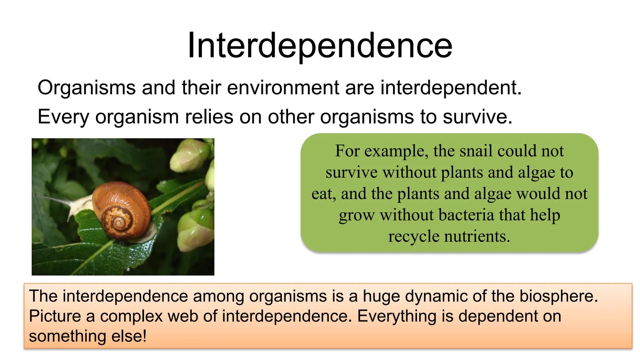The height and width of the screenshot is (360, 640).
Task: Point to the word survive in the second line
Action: click(477, 117)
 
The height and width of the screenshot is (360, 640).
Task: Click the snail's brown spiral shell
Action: click(122, 208)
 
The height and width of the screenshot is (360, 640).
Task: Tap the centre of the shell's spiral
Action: click(118, 222)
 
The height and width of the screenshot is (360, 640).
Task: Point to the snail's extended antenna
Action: click(53, 198)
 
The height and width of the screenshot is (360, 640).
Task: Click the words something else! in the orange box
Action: click(88, 336)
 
